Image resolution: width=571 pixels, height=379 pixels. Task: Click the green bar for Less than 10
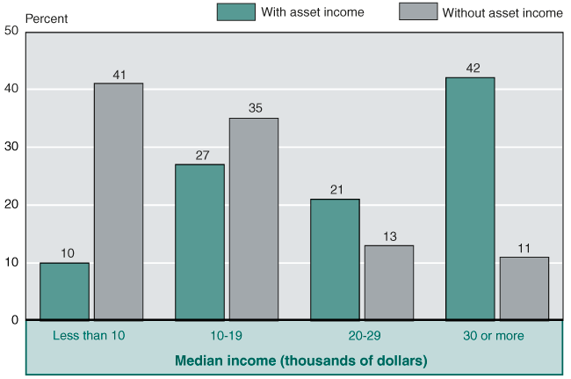click(x=64, y=291)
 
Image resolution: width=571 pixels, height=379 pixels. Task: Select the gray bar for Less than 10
click(x=119, y=201)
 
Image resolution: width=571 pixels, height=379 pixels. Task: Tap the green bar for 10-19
click(x=199, y=242)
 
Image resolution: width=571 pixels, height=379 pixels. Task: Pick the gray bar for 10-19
click(x=254, y=219)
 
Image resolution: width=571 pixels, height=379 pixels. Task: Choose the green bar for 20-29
click(x=335, y=259)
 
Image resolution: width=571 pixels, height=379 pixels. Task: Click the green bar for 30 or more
click(x=470, y=199)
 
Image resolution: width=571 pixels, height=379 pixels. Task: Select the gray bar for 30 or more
click(x=524, y=288)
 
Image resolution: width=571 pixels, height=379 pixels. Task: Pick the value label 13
click(x=389, y=237)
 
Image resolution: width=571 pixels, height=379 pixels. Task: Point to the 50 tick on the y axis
click(x=11, y=32)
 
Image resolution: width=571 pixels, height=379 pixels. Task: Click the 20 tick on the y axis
click(x=11, y=205)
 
